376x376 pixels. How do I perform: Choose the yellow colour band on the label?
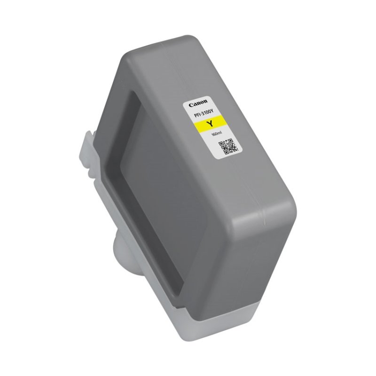[212, 124]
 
